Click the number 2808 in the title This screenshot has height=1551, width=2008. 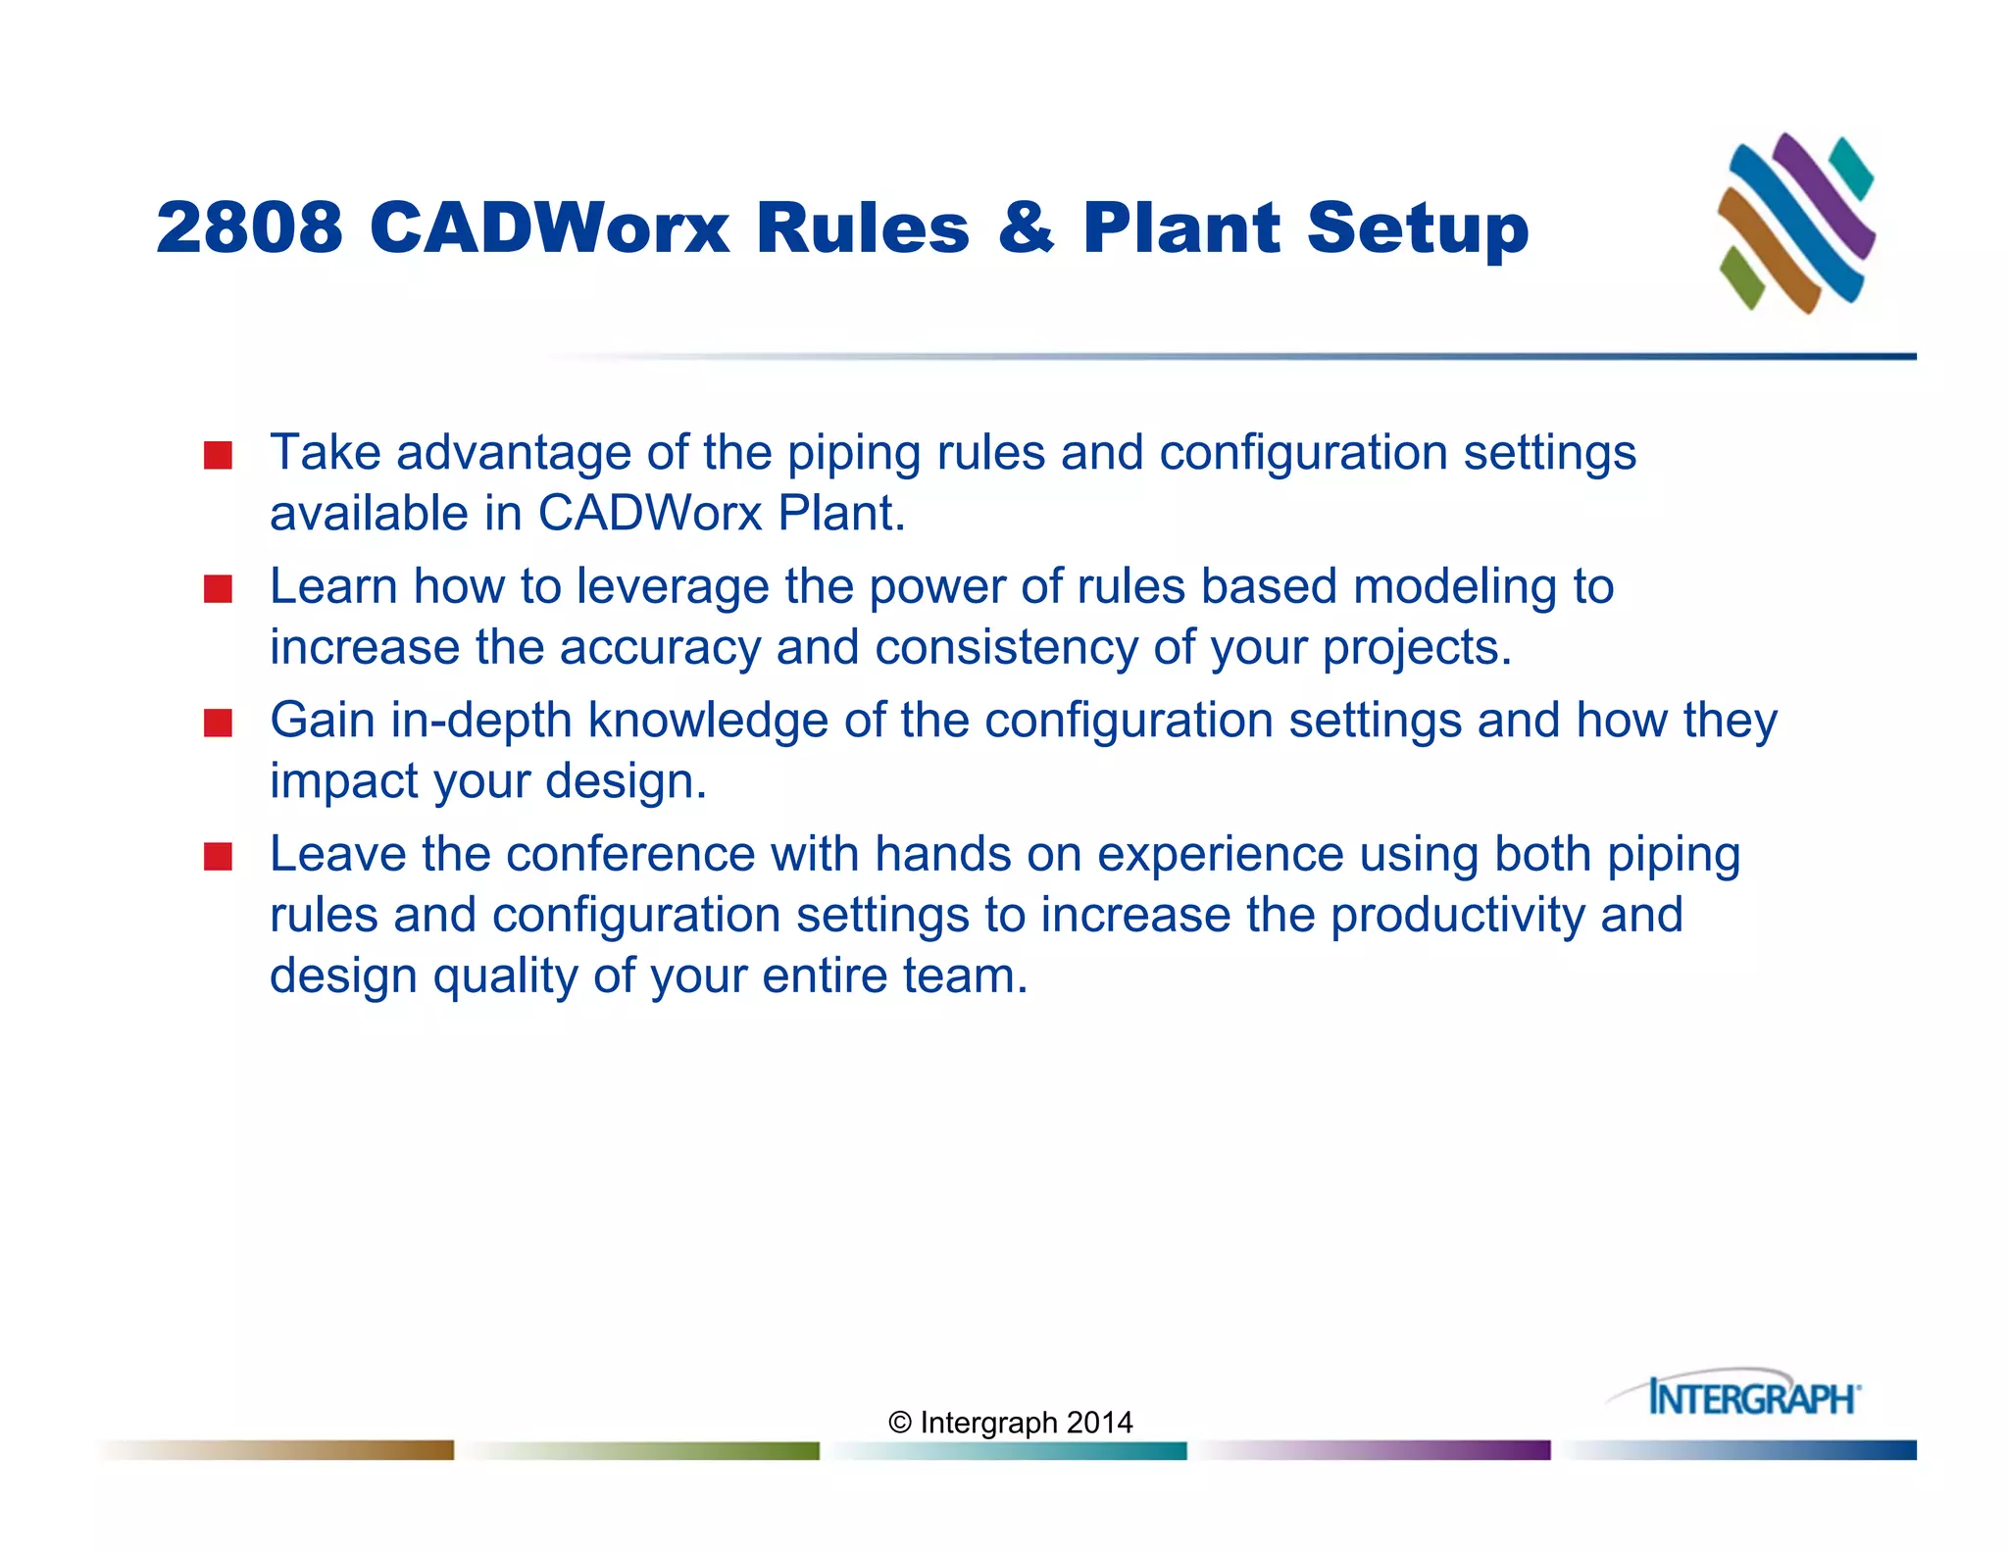coord(249,227)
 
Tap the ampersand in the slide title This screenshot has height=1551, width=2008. coord(1026,227)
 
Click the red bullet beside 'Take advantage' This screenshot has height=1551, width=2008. coord(218,456)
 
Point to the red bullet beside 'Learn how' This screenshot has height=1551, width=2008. coord(218,589)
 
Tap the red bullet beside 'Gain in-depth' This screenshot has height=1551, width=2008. coord(218,724)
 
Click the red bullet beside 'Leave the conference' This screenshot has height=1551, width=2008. coord(218,857)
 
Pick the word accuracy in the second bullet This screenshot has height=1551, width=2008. coord(660,648)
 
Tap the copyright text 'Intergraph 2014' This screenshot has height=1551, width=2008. coord(1010,1423)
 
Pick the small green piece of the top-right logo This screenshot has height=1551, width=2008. coord(1741,277)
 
